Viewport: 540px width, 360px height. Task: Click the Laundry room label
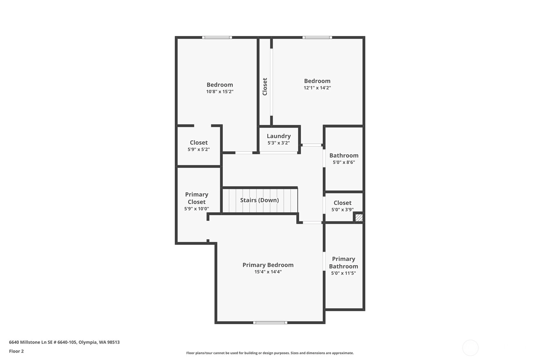279,136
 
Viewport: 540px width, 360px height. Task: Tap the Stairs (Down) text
259,200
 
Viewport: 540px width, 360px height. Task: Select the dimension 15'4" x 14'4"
268,272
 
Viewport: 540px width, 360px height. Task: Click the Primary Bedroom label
268,265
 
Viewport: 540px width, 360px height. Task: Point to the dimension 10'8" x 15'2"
220,92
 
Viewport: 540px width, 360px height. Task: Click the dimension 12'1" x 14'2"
317,88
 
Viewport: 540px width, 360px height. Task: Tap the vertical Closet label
265,87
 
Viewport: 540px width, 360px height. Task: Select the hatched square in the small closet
359,217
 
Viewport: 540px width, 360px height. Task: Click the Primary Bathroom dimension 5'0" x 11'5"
343,273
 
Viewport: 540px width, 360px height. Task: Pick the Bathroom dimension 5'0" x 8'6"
344,162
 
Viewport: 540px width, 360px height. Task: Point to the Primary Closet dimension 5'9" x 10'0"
196,209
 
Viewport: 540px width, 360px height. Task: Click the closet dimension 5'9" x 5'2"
199,150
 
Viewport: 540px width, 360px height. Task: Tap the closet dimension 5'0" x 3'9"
342,210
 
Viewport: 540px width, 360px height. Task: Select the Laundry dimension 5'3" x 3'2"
279,143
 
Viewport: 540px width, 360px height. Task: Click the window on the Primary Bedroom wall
270,323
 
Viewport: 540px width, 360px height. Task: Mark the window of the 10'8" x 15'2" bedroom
217,37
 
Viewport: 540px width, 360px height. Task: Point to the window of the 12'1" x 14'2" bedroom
317,37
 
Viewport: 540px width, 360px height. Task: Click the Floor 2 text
17,351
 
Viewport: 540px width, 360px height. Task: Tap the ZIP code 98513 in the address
113,342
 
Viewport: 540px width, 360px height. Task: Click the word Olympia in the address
88,342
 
